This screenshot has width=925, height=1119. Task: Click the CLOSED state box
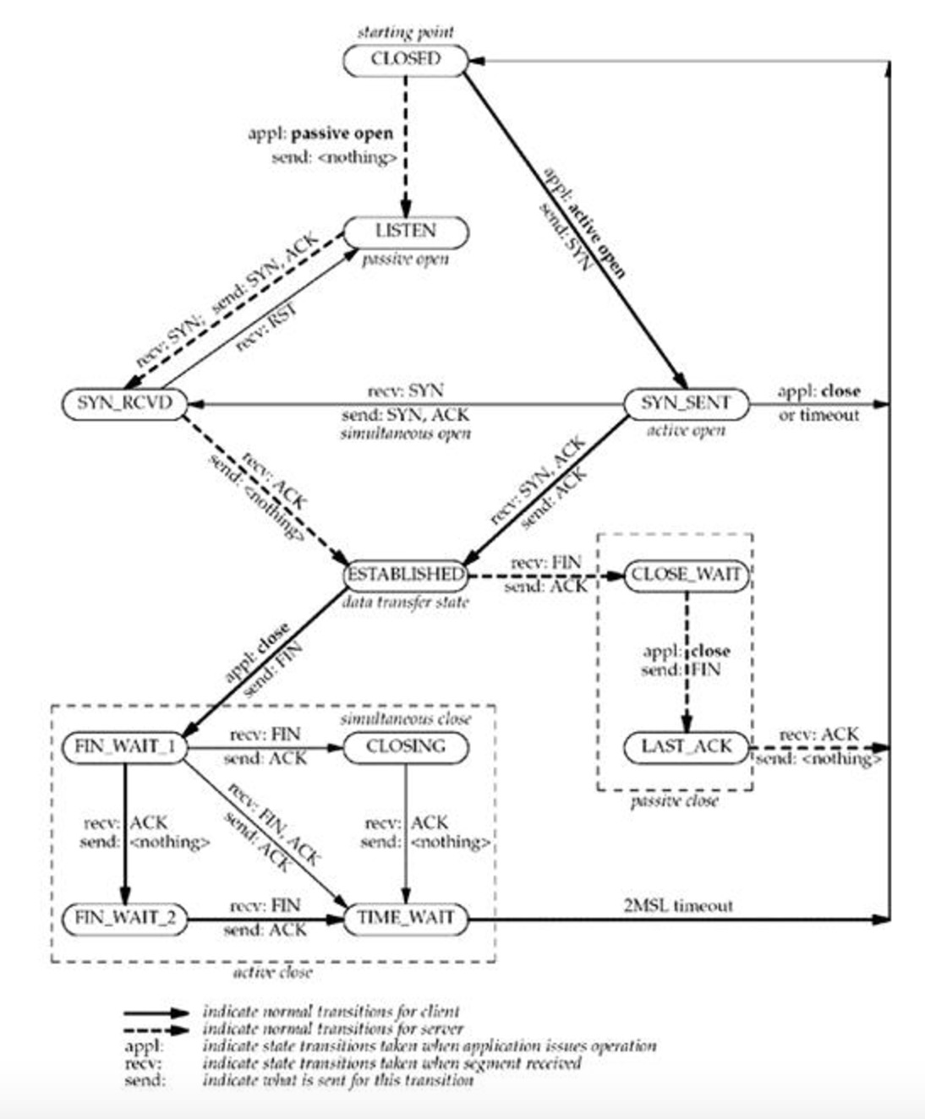(x=405, y=59)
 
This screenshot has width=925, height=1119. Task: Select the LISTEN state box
(x=405, y=231)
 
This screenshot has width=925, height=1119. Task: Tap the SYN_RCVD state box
(x=124, y=403)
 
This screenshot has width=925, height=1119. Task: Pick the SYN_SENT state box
(x=686, y=403)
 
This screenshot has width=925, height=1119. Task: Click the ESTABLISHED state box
(x=405, y=575)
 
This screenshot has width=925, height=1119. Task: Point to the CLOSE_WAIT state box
(x=686, y=575)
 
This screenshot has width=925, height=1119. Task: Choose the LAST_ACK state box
(x=686, y=746)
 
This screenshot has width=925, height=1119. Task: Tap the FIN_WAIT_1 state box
(x=124, y=746)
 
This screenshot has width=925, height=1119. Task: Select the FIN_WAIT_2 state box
(x=124, y=918)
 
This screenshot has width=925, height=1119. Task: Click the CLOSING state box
(x=405, y=746)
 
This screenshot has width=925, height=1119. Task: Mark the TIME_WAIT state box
(x=405, y=918)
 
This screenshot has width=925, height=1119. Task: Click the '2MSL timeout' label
(x=678, y=905)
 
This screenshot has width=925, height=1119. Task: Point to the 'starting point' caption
(x=405, y=33)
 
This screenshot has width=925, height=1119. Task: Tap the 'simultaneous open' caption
(x=405, y=434)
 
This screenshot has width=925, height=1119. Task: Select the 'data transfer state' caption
(x=405, y=603)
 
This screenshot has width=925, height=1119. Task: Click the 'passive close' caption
(x=674, y=800)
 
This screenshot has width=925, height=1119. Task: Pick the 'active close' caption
(x=272, y=972)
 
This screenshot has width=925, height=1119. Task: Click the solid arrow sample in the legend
(x=156, y=1012)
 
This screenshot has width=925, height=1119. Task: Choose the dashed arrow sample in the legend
(x=156, y=1029)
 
